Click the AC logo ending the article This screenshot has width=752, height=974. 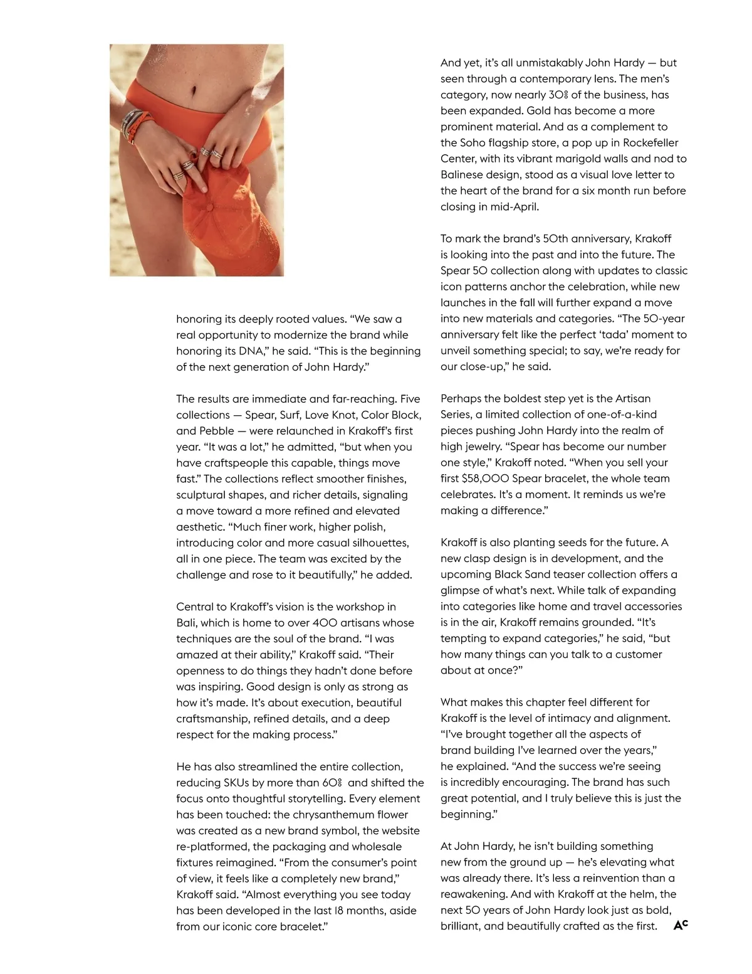tap(681, 925)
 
